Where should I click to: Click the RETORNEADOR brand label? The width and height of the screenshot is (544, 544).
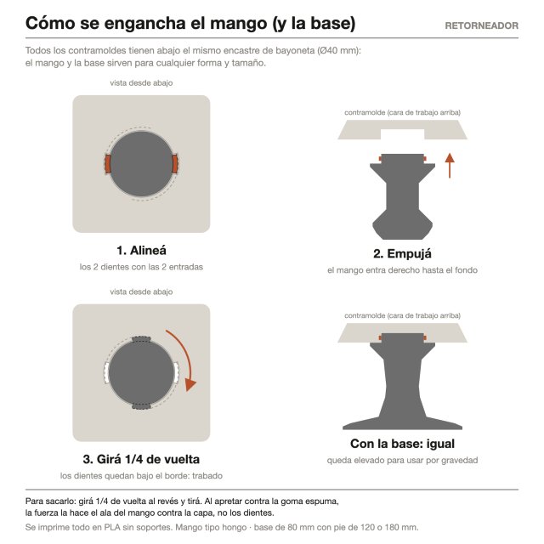point(482,25)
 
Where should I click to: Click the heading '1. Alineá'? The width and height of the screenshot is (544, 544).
point(141,250)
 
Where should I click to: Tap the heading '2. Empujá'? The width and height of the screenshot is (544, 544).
point(402,253)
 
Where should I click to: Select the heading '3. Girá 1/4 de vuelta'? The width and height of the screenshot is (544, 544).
point(141,459)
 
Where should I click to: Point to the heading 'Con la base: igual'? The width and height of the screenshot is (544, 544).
point(402,444)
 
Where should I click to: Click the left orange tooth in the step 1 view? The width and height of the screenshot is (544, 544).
point(108,164)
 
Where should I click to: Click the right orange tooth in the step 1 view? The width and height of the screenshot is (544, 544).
point(174,164)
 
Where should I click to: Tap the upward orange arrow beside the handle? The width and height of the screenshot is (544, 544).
point(450,166)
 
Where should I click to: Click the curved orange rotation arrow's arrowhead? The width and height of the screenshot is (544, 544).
point(190,384)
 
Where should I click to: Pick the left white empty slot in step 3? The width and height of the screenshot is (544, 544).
point(107,372)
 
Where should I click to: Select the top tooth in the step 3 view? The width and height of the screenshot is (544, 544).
point(141,339)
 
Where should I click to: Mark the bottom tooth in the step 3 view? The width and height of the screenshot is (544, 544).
point(141,406)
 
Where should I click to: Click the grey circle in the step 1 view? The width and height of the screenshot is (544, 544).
point(141,164)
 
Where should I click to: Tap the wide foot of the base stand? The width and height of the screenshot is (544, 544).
point(402,423)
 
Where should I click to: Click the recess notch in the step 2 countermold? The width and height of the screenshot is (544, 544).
point(402,134)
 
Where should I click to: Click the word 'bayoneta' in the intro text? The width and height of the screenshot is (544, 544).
point(295,51)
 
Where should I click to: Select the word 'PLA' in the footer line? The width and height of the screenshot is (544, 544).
point(112,527)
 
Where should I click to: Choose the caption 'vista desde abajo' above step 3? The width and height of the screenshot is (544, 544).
point(141,292)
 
